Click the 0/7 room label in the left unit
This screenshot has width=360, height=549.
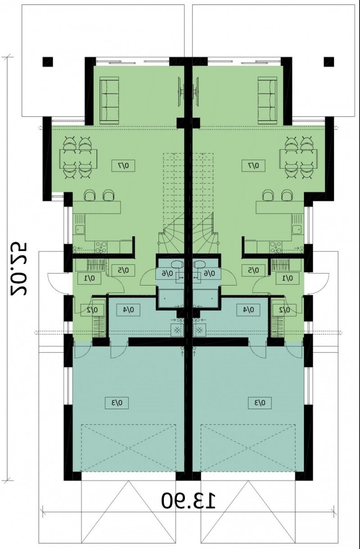tap(123, 165)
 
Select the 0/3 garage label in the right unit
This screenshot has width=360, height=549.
tap(260, 403)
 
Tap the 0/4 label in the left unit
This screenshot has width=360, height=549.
tap(128, 310)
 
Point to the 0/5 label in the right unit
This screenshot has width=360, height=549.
tap(253, 270)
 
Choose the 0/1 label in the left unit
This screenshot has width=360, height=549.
tap(89, 278)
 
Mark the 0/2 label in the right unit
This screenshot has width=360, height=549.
tap(284, 310)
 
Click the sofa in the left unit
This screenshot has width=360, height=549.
tap(109, 100)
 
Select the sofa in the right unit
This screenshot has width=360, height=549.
tap(268, 100)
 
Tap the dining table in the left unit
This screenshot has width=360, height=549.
tap(78, 159)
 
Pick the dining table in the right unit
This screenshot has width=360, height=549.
tap(298, 159)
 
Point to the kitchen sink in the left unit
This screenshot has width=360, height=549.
tap(79, 230)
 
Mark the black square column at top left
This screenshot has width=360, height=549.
tap(48, 62)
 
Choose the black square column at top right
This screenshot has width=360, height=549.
tap(329, 62)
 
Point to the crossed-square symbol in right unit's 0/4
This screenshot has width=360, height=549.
tap(200, 330)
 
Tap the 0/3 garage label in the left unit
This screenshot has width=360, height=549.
tap(117, 403)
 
